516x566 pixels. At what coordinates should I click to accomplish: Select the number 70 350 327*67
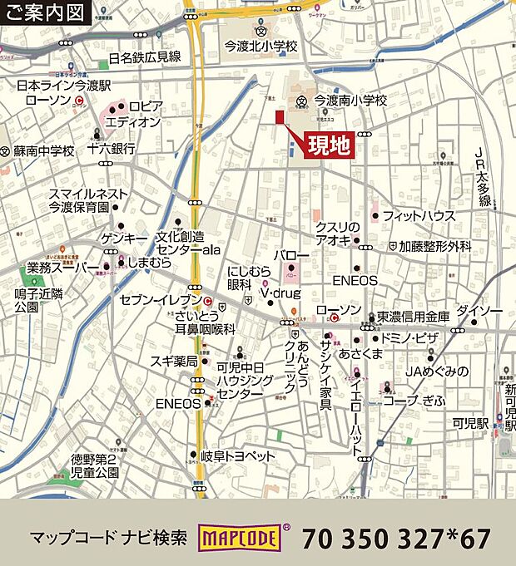point(396,539)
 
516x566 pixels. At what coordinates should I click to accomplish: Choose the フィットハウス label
point(419,216)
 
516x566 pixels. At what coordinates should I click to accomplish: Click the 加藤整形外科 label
point(434,247)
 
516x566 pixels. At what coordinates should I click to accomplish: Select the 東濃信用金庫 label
point(414,316)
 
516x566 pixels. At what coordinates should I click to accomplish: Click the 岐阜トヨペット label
point(238,455)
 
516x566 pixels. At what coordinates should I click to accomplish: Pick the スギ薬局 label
point(173,361)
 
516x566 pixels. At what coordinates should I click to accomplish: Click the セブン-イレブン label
point(161,299)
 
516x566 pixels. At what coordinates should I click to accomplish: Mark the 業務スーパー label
point(57,268)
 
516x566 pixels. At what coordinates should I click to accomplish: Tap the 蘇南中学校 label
point(44,151)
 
